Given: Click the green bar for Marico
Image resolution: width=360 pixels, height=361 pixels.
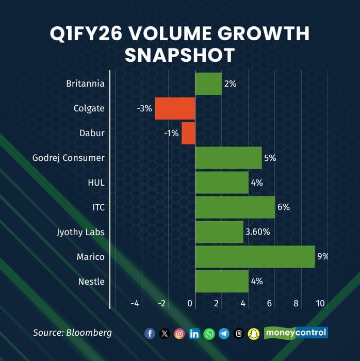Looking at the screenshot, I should coord(255,257).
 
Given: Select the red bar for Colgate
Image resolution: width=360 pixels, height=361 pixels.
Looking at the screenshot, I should coord(175,108).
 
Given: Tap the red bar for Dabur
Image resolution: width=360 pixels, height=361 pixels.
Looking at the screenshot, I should coord(188,133).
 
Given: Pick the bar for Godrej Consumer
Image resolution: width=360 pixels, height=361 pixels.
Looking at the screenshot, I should coord(228,158).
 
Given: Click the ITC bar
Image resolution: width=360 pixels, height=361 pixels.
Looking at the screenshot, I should coord(235,207).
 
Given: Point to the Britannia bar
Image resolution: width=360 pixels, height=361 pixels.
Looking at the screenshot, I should coord(208,84).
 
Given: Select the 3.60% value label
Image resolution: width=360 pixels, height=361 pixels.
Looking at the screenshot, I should coord(257,232).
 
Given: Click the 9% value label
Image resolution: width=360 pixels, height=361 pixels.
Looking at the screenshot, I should coord(323,256).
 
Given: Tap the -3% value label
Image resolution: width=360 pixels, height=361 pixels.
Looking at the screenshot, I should coord(144,108).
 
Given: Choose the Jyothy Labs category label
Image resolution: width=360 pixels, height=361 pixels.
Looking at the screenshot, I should coord(80,232).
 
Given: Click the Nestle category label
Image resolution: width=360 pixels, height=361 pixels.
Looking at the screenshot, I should coord(91,282).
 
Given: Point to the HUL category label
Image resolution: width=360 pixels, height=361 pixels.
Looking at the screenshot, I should coord(96,183).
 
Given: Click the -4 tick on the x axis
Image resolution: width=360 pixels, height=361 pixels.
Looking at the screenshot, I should coord(135,304).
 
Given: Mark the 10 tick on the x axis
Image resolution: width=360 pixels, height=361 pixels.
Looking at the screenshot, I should coord(320,304).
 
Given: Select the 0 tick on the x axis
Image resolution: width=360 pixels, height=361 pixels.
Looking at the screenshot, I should coord(191,304).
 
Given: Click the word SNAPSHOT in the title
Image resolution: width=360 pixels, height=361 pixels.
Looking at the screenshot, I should coord(180,55).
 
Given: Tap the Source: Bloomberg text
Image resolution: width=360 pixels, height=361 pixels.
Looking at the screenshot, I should coord(72,333).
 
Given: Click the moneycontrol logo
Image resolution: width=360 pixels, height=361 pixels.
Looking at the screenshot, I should coord(296,333).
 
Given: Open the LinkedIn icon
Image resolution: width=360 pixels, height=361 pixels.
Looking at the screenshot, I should coord(194,334).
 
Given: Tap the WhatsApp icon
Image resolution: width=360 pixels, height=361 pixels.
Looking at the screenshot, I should coord(209,334).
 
